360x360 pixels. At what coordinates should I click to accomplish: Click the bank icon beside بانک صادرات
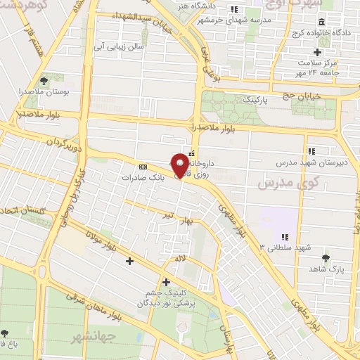tap(143, 167)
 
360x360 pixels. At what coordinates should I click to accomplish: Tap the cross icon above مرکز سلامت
tap(317, 52)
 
